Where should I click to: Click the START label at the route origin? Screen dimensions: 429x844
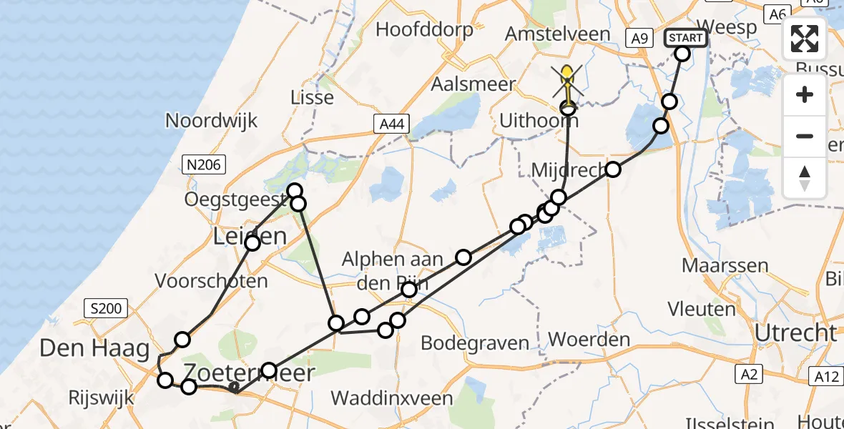click(x=686, y=38)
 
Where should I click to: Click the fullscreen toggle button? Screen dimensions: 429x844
click(x=805, y=39)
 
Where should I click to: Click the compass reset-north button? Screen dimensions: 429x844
click(x=805, y=178)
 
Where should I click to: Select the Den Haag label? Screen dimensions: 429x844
click(x=95, y=349)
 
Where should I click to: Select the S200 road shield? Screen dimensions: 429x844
click(x=104, y=309)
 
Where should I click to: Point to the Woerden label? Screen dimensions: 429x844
click(x=590, y=339)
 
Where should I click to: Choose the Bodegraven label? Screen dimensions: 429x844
click(x=475, y=342)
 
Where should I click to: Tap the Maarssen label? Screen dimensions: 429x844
click(x=725, y=266)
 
